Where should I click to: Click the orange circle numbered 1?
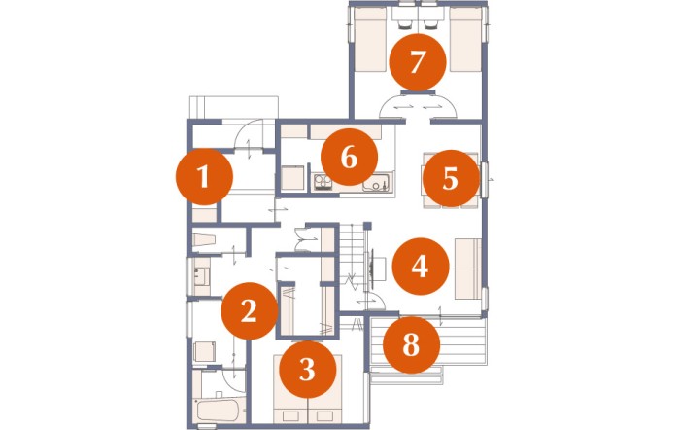204,177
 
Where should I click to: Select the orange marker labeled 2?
250,311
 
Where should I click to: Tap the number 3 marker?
308,370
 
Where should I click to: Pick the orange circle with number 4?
421,267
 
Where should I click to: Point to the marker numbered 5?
451,178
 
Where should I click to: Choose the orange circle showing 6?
349,157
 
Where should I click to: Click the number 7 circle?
418,62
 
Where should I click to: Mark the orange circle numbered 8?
411,344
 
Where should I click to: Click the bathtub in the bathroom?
217,410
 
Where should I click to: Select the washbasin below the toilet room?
202,276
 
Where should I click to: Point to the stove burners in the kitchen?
323,182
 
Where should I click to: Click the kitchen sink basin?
376,184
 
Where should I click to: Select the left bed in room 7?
370,40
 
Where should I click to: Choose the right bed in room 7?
465,40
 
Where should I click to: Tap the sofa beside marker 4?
468,269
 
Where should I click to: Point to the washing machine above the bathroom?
204,352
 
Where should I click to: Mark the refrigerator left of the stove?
292,178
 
